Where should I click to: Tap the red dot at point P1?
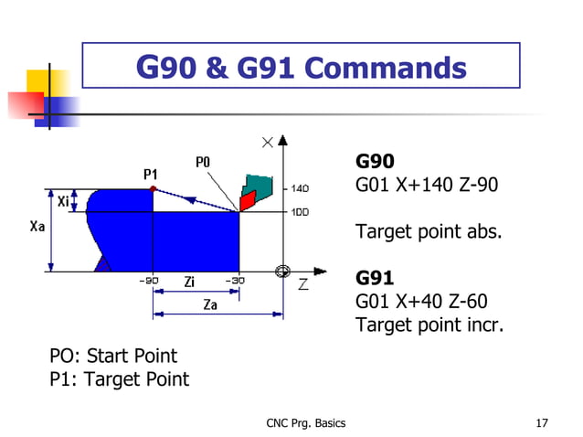153,188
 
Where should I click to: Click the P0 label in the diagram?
203,162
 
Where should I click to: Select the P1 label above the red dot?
151,173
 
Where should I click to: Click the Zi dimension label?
188,282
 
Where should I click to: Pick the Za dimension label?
209,305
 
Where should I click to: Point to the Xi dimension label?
63,201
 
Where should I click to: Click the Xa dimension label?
37,228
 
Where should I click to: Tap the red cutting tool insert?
247,198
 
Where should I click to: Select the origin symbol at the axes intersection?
283,272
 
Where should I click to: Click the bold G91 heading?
375,276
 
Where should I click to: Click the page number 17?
542,422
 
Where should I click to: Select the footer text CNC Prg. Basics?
305,422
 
